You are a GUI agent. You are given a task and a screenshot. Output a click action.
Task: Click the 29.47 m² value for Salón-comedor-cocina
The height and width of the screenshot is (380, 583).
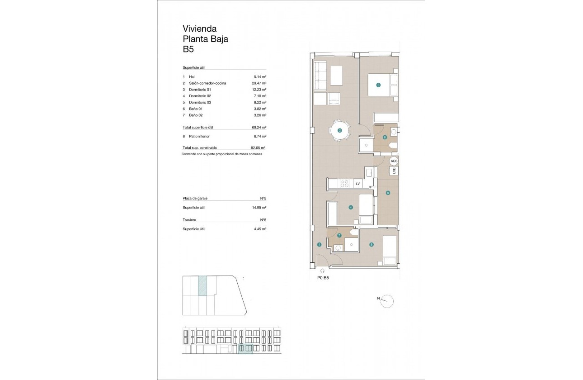pyautogui.click(x=259, y=83)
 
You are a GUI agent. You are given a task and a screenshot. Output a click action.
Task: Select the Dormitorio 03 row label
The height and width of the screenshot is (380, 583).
pyautogui.click(x=200, y=102)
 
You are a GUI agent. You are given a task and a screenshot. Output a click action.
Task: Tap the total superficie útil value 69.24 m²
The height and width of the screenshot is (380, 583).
pyautogui.click(x=259, y=128)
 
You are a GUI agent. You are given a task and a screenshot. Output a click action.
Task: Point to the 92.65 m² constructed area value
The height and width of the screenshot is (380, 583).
pyautogui.click(x=258, y=147)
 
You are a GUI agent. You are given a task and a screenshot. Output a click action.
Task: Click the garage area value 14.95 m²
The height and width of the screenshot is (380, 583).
pyautogui.click(x=259, y=207)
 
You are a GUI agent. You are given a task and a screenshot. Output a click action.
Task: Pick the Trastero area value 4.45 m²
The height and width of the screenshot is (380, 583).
pyautogui.click(x=259, y=229)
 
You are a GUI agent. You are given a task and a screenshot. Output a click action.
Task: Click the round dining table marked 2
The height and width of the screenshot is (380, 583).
pyautogui.click(x=340, y=131)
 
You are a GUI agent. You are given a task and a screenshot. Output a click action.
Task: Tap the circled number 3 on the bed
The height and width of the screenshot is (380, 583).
pyautogui.click(x=378, y=85)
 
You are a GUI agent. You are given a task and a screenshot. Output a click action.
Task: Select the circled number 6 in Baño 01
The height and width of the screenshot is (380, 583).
pyautogui.click(x=385, y=137)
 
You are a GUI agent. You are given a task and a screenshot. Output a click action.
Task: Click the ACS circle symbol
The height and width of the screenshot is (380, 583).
pyautogui.click(x=394, y=161)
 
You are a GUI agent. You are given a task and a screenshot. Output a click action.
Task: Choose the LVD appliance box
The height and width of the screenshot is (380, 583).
pyautogui.click(x=394, y=171)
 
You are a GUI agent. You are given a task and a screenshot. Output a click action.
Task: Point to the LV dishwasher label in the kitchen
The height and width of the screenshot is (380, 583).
pyautogui.click(x=357, y=183)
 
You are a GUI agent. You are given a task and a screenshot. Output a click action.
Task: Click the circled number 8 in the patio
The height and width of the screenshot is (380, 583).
pyautogui.click(x=387, y=193)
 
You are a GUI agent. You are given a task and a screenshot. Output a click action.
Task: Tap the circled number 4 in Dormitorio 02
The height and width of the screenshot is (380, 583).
pyautogui.click(x=351, y=207)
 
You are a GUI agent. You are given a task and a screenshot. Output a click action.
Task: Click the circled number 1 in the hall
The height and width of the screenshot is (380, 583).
pyautogui.click(x=319, y=244)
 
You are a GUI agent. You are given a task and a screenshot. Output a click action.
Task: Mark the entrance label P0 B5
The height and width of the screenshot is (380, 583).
pyautogui.click(x=323, y=278)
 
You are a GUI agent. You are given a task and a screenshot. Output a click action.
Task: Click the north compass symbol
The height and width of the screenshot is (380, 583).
pyautogui.click(x=387, y=301)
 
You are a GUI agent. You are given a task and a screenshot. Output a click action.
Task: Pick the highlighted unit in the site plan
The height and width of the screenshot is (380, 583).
pyautogui.click(x=203, y=286)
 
